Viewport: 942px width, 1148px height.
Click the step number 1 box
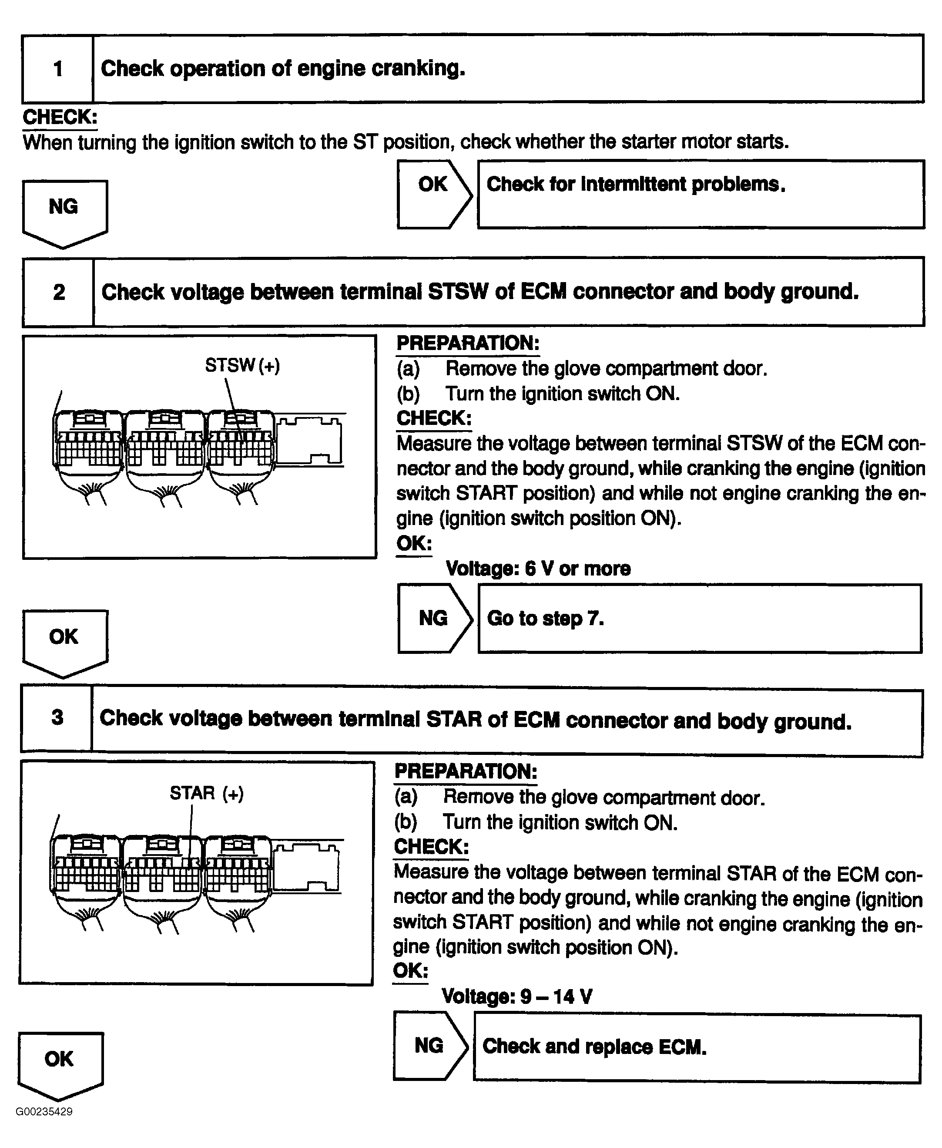[57, 69]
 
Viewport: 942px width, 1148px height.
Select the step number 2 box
[59, 292]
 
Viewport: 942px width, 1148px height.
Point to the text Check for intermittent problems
[635, 185]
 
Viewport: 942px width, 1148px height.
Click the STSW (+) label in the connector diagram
[242, 365]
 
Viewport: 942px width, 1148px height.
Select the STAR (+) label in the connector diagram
[207, 793]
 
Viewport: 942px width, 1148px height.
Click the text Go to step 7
[545, 618]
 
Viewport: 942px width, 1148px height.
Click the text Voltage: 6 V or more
[538, 568]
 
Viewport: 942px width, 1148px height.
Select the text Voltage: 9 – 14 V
[516, 996]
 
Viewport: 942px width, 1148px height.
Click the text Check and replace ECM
[594, 1047]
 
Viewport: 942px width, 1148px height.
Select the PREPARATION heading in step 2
[468, 343]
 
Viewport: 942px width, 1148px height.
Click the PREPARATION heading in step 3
[466, 771]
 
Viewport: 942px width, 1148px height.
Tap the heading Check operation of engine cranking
[283, 68]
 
